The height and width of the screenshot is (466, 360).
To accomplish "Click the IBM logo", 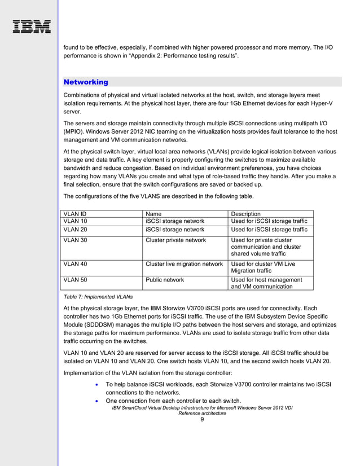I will click(32, 27).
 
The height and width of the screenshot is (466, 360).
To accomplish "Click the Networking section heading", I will click(86, 82).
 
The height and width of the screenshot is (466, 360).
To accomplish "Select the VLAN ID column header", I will click(75, 214).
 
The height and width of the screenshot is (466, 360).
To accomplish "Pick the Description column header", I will click(246, 214).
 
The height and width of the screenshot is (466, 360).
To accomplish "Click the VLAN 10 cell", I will click(75, 221).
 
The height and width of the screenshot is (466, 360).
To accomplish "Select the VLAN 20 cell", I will click(75, 230).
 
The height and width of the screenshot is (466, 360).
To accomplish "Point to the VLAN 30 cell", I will click(75, 240).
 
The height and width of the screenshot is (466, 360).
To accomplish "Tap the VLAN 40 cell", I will click(75, 263).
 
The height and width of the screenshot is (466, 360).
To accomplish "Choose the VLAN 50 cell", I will click(75, 279).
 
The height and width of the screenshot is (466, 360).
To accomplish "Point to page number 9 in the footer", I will click(202, 419).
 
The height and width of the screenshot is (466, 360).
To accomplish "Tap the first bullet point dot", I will click(98, 384).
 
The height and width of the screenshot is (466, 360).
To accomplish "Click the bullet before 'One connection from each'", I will click(98, 401).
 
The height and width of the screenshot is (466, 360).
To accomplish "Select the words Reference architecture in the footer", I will click(202, 413).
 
